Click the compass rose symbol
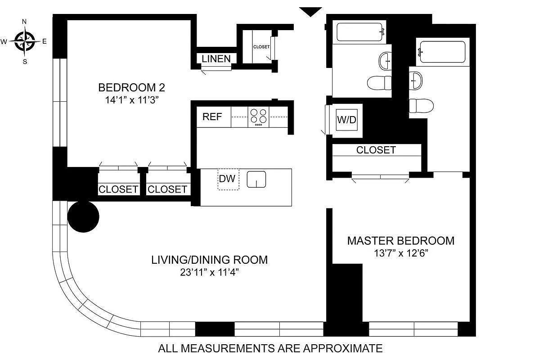25,41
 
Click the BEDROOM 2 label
132,87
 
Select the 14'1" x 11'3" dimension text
132,100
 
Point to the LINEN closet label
216,58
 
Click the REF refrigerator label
212,117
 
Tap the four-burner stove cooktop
258,117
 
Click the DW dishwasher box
228,179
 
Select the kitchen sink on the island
256,180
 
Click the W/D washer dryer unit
347,120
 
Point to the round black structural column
83,217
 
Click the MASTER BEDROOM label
401,241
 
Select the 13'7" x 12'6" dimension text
401,253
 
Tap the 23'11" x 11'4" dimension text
210,272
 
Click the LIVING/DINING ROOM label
210,260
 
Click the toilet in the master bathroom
421,106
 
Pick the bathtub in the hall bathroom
359,32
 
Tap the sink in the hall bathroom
385,61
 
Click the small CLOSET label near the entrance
261,47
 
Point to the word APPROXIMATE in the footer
343,348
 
